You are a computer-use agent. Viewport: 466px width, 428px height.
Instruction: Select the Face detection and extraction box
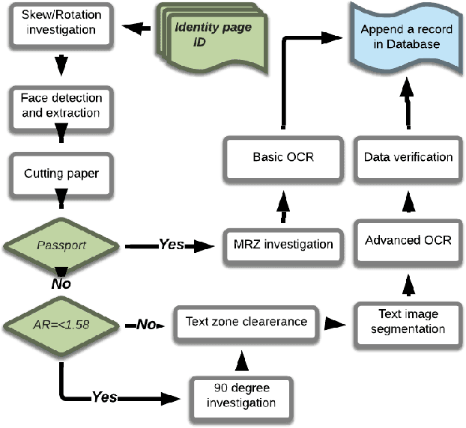58,106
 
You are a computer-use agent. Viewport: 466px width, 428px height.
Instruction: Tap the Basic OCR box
284,158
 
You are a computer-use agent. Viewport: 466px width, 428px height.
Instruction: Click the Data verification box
408,157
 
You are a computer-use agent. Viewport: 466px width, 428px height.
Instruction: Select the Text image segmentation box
408,322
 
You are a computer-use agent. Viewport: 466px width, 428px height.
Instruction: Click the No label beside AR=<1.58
145,325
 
